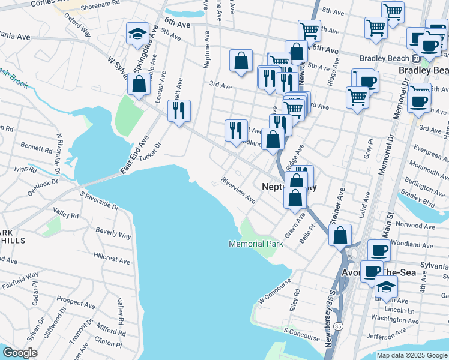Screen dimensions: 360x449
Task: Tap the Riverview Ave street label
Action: coord(238,190)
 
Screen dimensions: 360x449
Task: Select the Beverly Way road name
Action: coord(113,233)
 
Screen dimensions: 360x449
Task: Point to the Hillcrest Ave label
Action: coord(112,258)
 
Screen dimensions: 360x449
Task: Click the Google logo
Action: coord(20,353)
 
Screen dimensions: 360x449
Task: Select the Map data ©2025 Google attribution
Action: coord(411,355)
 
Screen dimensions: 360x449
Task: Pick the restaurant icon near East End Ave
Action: coord(179,110)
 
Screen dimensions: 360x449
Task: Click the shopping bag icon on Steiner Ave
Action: coord(340,235)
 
